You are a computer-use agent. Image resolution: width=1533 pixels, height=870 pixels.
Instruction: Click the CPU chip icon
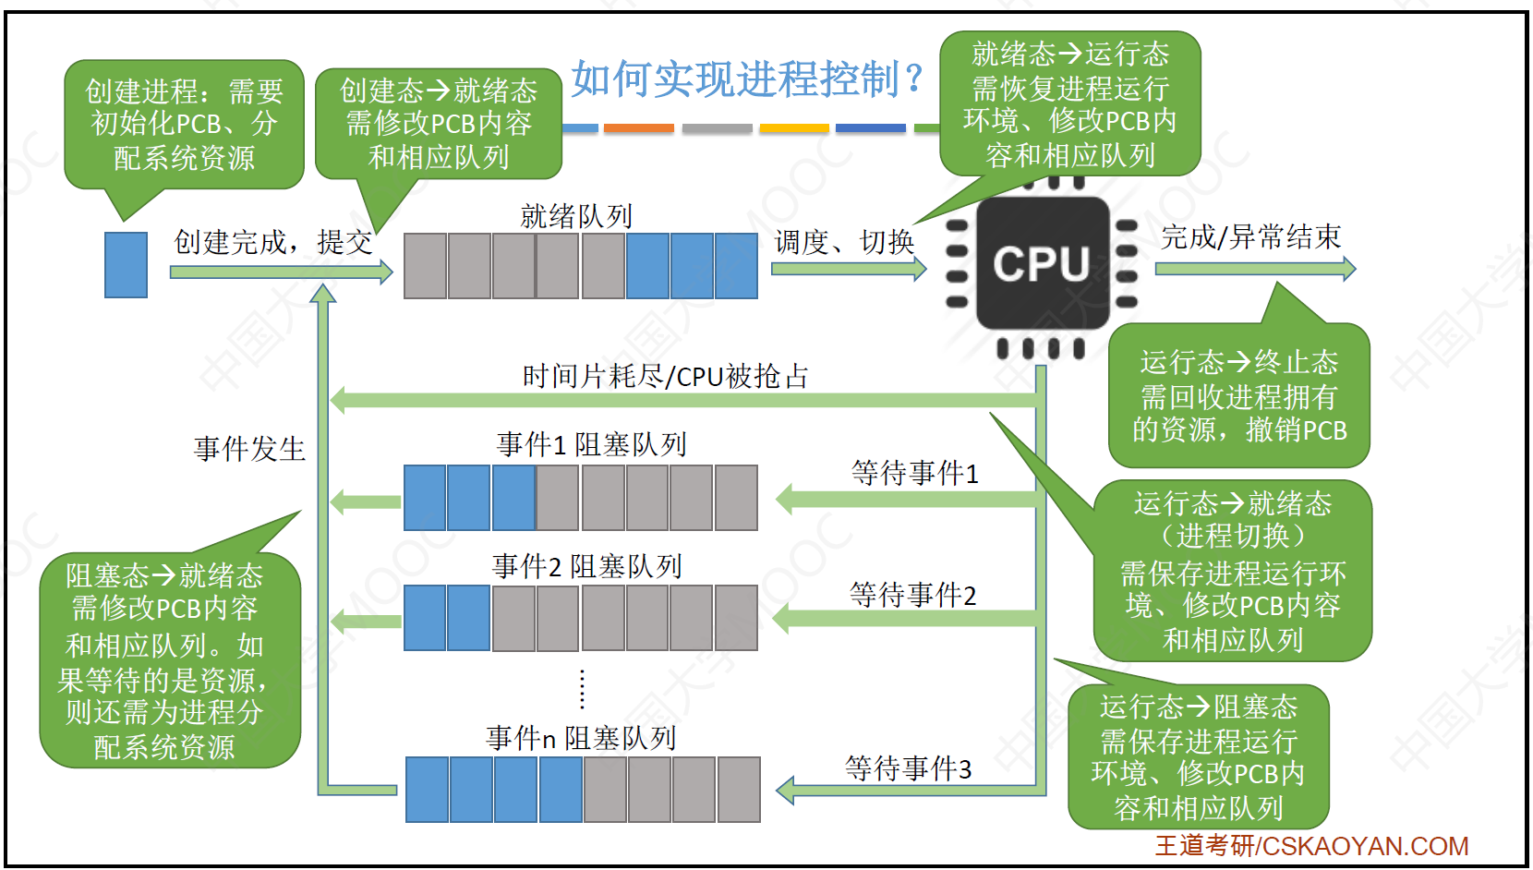coord(1042,264)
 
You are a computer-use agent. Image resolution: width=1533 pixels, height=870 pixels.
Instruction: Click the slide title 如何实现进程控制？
coord(746,79)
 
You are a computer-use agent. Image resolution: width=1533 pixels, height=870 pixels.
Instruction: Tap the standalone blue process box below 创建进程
coord(126,265)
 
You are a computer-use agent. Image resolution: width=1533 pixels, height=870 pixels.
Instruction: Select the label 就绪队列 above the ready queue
coord(576,216)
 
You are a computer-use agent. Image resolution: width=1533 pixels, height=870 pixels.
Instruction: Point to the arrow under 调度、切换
coord(848,269)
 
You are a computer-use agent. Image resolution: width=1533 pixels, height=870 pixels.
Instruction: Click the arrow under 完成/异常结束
coord(1254,269)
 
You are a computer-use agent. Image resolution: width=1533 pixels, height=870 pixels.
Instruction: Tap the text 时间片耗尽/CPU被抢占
coord(665,376)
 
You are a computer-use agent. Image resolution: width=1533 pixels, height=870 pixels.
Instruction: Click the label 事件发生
coord(249,449)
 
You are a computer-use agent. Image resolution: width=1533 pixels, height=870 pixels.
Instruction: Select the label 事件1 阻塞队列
coord(591,444)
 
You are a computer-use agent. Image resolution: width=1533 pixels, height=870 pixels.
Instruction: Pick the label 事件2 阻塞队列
coord(587,566)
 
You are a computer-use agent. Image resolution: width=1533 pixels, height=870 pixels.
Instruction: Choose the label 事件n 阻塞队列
coord(581,738)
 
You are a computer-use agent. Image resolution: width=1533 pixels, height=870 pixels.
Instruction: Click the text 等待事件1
coord(914,473)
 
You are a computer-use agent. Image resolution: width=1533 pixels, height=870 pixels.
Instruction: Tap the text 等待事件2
coord(912,595)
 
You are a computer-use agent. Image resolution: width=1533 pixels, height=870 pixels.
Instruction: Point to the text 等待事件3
coord(908,767)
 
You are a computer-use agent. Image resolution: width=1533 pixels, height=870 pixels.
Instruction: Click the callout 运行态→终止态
coord(1238,396)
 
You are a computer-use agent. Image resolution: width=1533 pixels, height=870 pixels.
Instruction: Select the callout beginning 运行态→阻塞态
coord(1198,757)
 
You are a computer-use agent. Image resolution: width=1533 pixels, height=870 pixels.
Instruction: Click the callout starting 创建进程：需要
coord(184,125)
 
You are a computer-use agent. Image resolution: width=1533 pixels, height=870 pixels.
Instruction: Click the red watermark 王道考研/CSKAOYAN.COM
coord(1311,846)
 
